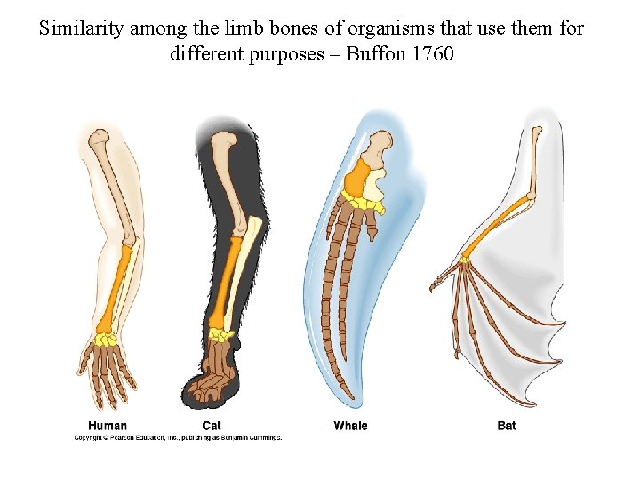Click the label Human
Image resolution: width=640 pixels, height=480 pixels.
pyautogui.click(x=108, y=426)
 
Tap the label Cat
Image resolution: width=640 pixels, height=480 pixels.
pyautogui.click(x=212, y=426)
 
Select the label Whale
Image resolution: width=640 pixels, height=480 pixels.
pyautogui.click(x=350, y=426)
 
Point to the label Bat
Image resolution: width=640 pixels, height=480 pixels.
pyautogui.click(x=507, y=426)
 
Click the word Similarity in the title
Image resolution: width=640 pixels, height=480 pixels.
pyautogui.click(x=83, y=28)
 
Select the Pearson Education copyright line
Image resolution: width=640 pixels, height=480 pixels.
pyautogui.click(x=178, y=437)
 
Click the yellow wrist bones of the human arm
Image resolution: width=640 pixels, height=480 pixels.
pyautogui.click(x=107, y=339)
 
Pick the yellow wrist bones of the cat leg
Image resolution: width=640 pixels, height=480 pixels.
pyautogui.click(x=220, y=335)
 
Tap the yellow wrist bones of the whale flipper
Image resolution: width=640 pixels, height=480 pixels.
pyautogui.click(x=364, y=205)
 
